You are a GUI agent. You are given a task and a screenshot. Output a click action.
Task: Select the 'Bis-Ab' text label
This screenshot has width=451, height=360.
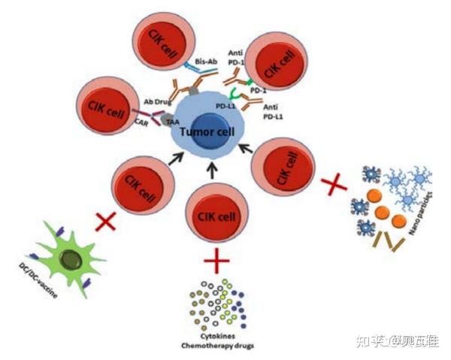pos(206,60)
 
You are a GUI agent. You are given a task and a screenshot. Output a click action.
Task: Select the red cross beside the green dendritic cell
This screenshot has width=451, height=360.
pos(105,221)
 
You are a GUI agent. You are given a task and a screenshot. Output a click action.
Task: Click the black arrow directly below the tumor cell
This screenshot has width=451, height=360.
pos(212,171)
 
